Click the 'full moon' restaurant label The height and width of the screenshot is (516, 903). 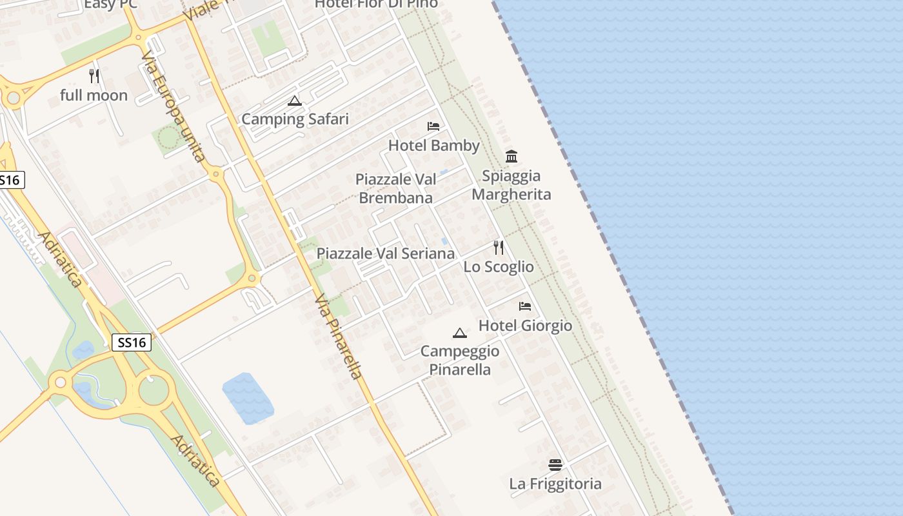[94, 95]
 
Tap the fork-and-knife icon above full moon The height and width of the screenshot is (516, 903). [94, 76]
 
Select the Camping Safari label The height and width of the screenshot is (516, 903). [295, 119]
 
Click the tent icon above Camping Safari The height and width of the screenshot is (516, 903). [295, 101]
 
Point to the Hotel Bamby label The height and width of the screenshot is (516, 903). [433, 145]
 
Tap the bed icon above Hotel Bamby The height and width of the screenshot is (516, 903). [433, 126]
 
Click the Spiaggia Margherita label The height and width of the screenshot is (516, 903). [511, 185]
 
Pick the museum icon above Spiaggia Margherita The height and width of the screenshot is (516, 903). [511, 156]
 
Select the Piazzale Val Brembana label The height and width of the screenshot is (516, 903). [395, 188]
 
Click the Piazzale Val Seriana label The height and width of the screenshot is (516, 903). [385, 253]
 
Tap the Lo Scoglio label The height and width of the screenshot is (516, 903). [499, 266]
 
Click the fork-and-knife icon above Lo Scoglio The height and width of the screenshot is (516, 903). [499, 247]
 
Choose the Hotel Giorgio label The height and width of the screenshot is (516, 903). [525, 325]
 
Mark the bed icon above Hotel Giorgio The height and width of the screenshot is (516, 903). [525, 306]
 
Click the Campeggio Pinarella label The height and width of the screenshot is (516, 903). [460, 360]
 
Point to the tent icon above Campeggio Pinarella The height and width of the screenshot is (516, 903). [460, 333]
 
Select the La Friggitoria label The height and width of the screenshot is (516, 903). [555, 483]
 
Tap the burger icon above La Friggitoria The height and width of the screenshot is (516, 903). [555, 464]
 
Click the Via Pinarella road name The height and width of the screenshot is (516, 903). [339, 337]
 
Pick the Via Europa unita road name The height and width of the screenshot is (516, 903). [174, 106]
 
